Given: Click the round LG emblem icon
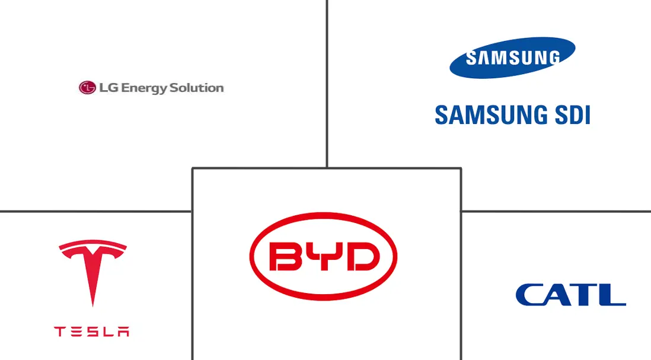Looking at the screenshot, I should (x=87, y=88).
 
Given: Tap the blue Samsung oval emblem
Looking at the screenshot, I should (x=512, y=58).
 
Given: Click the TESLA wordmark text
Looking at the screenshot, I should (x=92, y=332).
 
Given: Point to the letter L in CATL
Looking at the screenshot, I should (x=612, y=295).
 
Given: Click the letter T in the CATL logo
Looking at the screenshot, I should (x=586, y=295).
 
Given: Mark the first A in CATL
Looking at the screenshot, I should (x=559, y=295).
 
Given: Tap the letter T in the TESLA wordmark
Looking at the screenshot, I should (x=60, y=332).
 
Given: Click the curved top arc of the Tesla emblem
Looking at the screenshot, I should (x=92, y=244).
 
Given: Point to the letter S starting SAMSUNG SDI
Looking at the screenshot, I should (x=442, y=114).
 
